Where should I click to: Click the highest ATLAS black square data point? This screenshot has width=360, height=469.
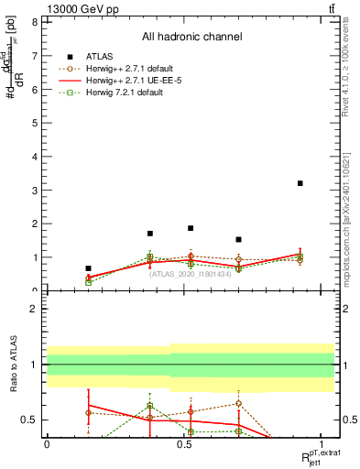pyautogui.click(x=300, y=183)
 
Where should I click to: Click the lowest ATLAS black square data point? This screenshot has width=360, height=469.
pyautogui.click(x=88, y=268)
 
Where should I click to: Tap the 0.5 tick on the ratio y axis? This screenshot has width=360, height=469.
pyautogui.click(x=31, y=420)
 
